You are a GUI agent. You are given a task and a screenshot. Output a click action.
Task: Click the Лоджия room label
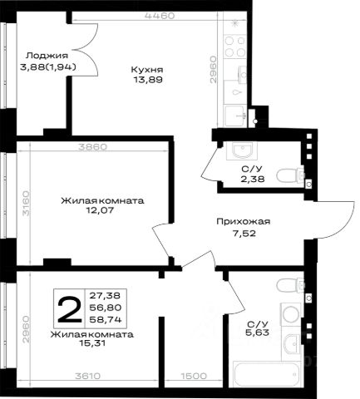[47, 56]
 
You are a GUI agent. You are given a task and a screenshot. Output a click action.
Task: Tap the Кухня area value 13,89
[148, 80]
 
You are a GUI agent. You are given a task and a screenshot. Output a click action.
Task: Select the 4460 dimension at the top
[160, 16]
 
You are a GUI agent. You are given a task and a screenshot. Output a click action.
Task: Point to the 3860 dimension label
[92, 147]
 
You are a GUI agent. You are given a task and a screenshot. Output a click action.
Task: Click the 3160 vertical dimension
[26, 203]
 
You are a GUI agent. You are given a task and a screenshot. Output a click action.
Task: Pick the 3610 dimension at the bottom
[87, 376]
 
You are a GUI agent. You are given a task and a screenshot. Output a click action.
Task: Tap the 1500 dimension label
[194, 376]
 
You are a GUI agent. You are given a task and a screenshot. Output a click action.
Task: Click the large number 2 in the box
[69, 309]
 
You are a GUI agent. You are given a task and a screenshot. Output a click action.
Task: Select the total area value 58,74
[106, 319]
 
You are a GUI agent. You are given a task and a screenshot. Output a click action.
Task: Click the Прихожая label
[243, 222]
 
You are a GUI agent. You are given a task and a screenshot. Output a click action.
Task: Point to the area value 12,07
[100, 210]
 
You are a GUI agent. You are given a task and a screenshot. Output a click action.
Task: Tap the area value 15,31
[92, 343]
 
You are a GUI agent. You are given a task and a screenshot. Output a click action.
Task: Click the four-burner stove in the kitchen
[235, 47]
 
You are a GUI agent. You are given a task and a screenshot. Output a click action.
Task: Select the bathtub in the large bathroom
[266, 374]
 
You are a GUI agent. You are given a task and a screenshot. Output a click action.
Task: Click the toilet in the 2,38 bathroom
[290, 175]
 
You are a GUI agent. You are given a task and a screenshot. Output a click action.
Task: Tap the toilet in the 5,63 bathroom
[290, 285]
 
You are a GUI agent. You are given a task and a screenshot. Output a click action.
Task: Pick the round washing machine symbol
[290, 314]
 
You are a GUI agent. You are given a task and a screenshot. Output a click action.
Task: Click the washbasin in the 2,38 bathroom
[242, 150]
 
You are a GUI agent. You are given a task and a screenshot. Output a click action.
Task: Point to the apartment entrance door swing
[333, 219]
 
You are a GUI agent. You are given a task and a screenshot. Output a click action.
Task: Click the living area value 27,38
[105, 296]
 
